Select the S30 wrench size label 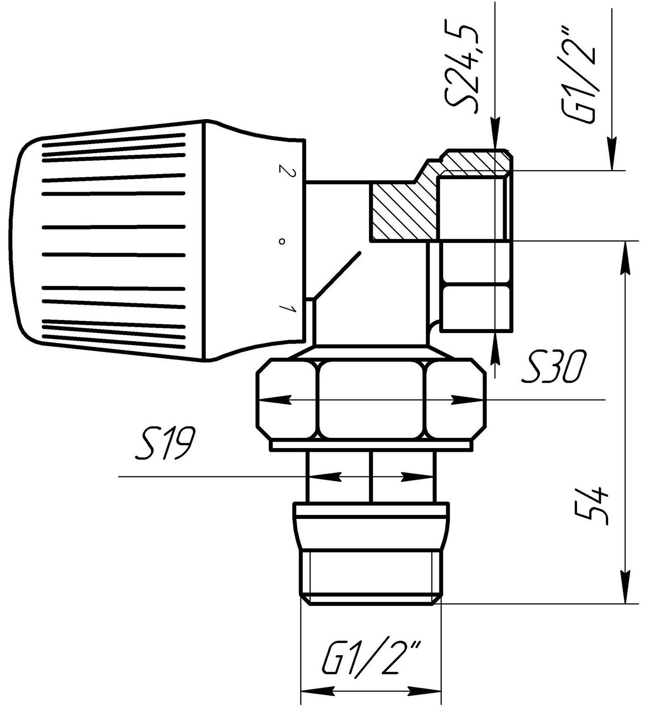pyautogui.click(x=555, y=369)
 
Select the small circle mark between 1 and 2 pyautogui.click(x=281, y=242)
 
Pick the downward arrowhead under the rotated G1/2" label pyautogui.click(x=612, y=151)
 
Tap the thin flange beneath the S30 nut pyautogui.click(x=371, y=446)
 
